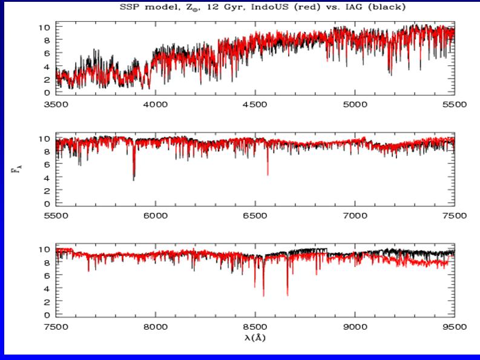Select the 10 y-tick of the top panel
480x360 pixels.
(x=44, y=27)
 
